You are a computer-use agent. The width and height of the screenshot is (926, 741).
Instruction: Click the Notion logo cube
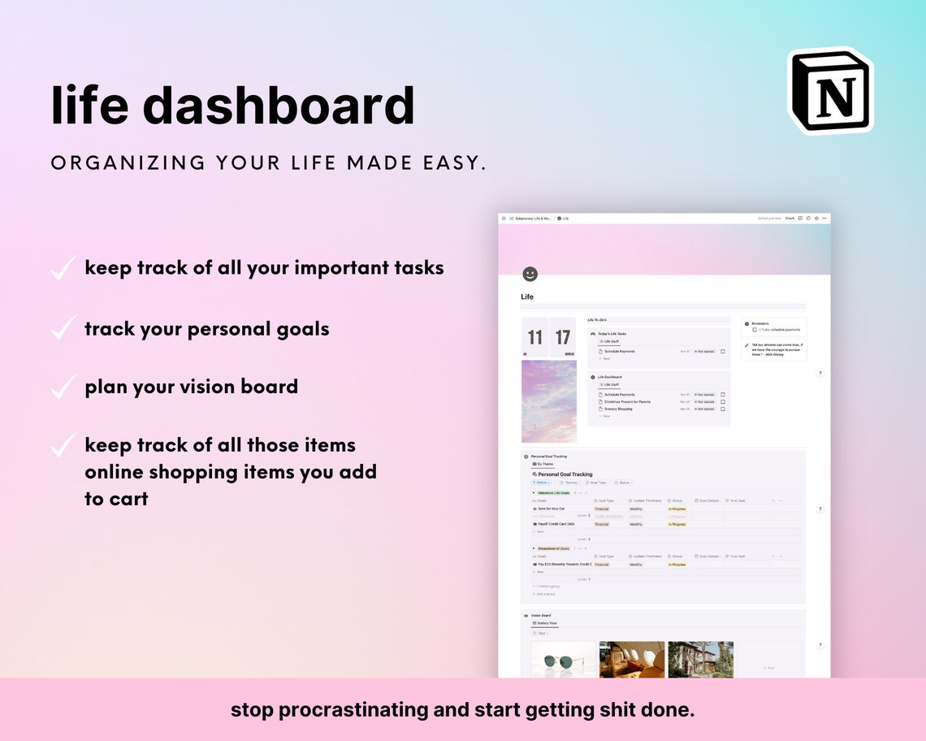click(x=830, y=90)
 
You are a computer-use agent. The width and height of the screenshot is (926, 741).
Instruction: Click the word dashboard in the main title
click(x=279, y=105)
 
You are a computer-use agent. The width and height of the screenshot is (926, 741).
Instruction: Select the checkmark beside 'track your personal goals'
click(x=63, y=329)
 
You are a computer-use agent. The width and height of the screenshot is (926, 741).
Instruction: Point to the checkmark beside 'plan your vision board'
click(x=63, y=387)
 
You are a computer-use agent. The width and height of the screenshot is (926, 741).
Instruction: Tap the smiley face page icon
click(x=530, y=275)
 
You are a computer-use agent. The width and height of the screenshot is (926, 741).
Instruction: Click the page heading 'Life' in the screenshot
click(x=527, y=297)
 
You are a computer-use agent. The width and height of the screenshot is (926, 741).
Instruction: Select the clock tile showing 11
click(x=535, y=337)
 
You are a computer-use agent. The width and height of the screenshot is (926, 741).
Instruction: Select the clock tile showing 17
click(x=563, y=337)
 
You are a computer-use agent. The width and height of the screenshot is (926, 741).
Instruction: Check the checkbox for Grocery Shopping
click(x=722, y=409)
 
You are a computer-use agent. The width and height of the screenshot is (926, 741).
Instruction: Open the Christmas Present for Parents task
click(x=627, y=401)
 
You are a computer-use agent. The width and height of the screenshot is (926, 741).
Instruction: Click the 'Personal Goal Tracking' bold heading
click(x=565, y=474)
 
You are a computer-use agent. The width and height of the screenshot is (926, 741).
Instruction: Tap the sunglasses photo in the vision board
click(x=563, y=659)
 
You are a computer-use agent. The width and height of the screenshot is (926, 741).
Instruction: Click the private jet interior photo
click(x=631, y=659)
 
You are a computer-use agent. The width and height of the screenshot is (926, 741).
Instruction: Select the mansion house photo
click(x=700, y=659)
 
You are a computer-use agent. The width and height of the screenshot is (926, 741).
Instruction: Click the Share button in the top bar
click(x=790, y=219)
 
